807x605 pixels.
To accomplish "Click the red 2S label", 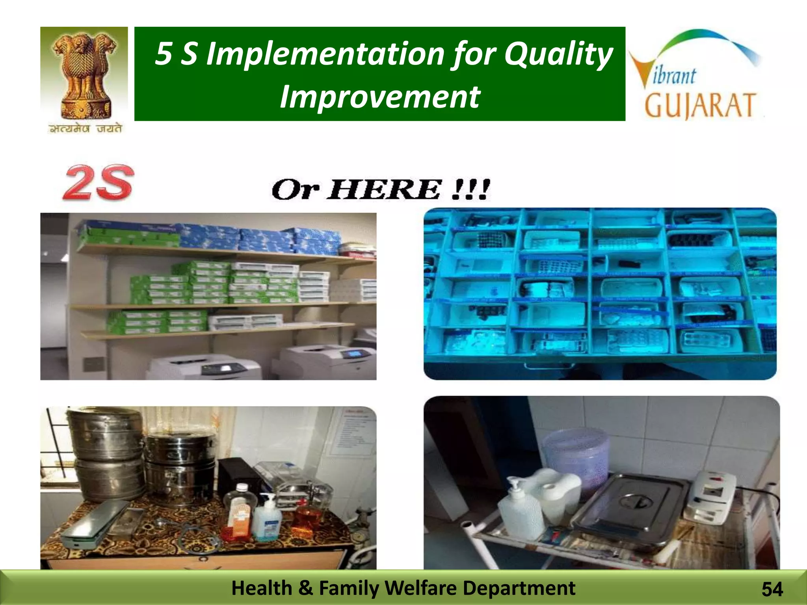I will tap(98, 183).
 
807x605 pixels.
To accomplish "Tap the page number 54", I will tap(772, 590).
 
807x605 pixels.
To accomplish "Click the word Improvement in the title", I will tap(379, 97).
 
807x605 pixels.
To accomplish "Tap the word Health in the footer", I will tap(261, 588).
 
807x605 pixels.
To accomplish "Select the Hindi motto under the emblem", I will tap(85, 128).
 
